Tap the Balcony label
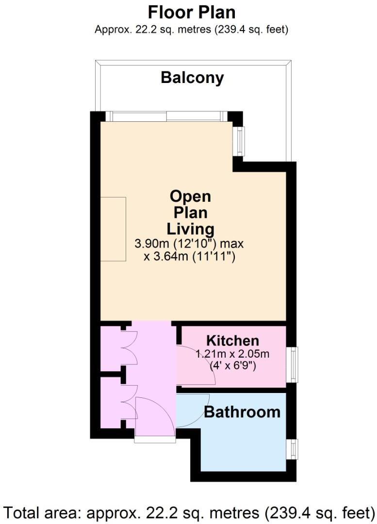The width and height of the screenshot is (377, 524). click(x=192, y=78)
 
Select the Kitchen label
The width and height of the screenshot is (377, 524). click(x=232, y=340)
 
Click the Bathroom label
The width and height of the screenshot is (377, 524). click(x=242, y=412)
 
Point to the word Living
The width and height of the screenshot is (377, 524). click(x=191, y=228)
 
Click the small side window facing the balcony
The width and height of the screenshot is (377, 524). click(x=239, y=141)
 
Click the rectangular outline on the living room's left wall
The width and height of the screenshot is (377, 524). click(x=113, y=229)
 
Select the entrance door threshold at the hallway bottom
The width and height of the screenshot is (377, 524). click(x=155, y=440)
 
